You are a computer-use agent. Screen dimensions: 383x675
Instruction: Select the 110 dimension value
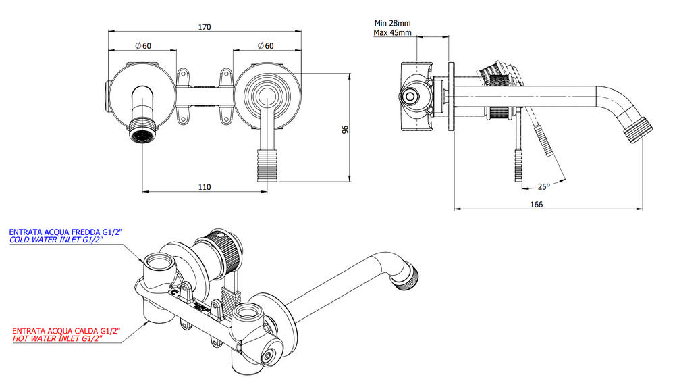[x=205, y=187]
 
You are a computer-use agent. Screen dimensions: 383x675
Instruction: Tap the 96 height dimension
[x=345, y=128]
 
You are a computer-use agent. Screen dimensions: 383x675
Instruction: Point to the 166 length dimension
[x=537, y=203]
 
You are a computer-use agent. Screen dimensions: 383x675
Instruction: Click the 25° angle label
[x=543, y=186]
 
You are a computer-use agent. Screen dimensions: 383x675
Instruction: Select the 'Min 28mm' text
[x=392, y=23]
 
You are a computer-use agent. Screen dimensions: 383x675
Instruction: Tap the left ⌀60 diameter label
[x=142, y=46]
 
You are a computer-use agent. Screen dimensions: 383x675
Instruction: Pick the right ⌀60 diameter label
[x=265, y=46]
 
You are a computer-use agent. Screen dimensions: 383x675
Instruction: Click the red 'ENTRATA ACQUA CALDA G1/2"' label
[x=66, y=331]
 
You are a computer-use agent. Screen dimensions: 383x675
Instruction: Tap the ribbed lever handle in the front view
[x=268, y=165]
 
